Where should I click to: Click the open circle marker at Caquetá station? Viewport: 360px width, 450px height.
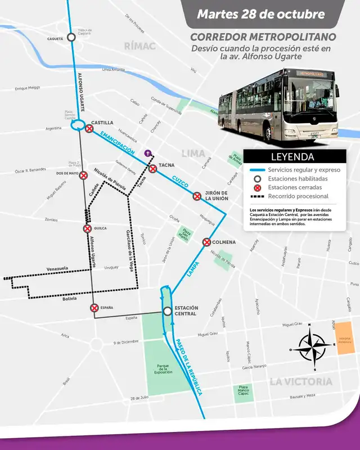[71, 37]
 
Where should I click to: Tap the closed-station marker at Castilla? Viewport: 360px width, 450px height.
[89, 129]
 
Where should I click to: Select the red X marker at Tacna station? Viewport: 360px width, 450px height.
[152, 168]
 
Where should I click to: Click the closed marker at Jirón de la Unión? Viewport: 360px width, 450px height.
[197, 196]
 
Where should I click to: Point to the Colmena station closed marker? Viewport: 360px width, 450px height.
[206, 242]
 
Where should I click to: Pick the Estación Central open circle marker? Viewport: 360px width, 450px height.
[167, 311]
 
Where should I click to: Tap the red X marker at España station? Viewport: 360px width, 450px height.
[94, 308]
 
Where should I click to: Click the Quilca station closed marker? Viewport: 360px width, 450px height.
[87, 228]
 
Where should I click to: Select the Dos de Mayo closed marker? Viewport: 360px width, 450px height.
[83, 175]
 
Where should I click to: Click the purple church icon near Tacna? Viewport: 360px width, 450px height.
[148, 152]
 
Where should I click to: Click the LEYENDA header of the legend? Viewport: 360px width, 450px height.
[292, 157]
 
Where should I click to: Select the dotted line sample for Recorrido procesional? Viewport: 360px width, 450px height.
[258, 196]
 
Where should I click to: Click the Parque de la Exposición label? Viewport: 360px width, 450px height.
[166, 370]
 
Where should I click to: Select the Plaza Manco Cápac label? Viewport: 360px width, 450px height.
[243, 390]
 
